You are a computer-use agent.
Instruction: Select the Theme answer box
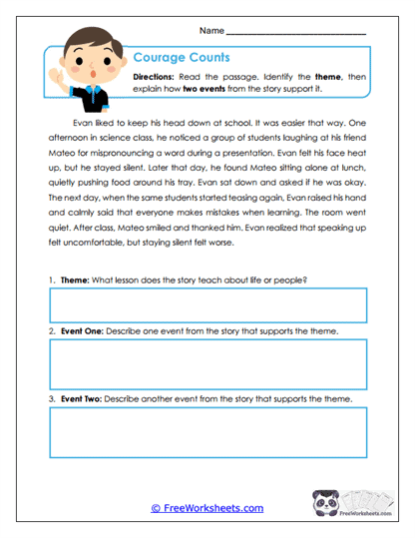pyautogui.click(x=207, y=306)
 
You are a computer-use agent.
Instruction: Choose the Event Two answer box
pyautogui.click(x=207, y=431)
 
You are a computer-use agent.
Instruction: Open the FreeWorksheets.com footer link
pyautogui.click(x=207, y=508)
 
